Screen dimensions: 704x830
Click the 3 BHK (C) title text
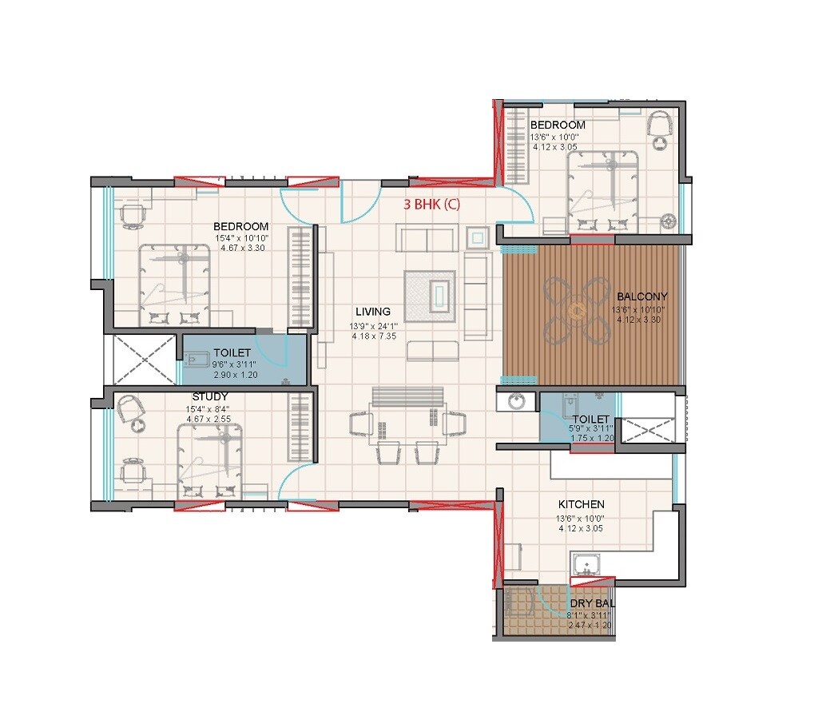tap(432, 205)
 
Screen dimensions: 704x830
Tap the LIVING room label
tap(373, 312)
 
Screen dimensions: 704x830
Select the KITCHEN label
tap(581, 504)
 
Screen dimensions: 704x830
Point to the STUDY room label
tap(210, 396)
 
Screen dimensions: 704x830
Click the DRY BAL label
tap(592, 603)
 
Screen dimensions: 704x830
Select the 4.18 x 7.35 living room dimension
tap(373, 336)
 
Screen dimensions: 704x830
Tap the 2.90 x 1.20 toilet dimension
tap(232, 374)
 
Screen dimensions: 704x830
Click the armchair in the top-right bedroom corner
tap(661, 125)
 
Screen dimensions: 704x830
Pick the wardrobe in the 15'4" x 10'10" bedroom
tap(300, 277)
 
